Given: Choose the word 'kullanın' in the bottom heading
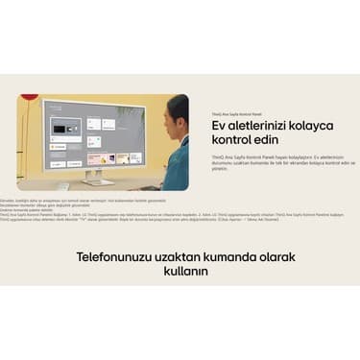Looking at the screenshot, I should (180, 272).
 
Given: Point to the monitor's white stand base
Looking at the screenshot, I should (97, 180).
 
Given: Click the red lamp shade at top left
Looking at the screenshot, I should (30, 97).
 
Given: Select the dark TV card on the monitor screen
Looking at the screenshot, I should (68, 128).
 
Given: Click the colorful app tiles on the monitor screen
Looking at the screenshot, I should (101, 157).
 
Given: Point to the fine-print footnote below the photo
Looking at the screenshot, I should (144, 206).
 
